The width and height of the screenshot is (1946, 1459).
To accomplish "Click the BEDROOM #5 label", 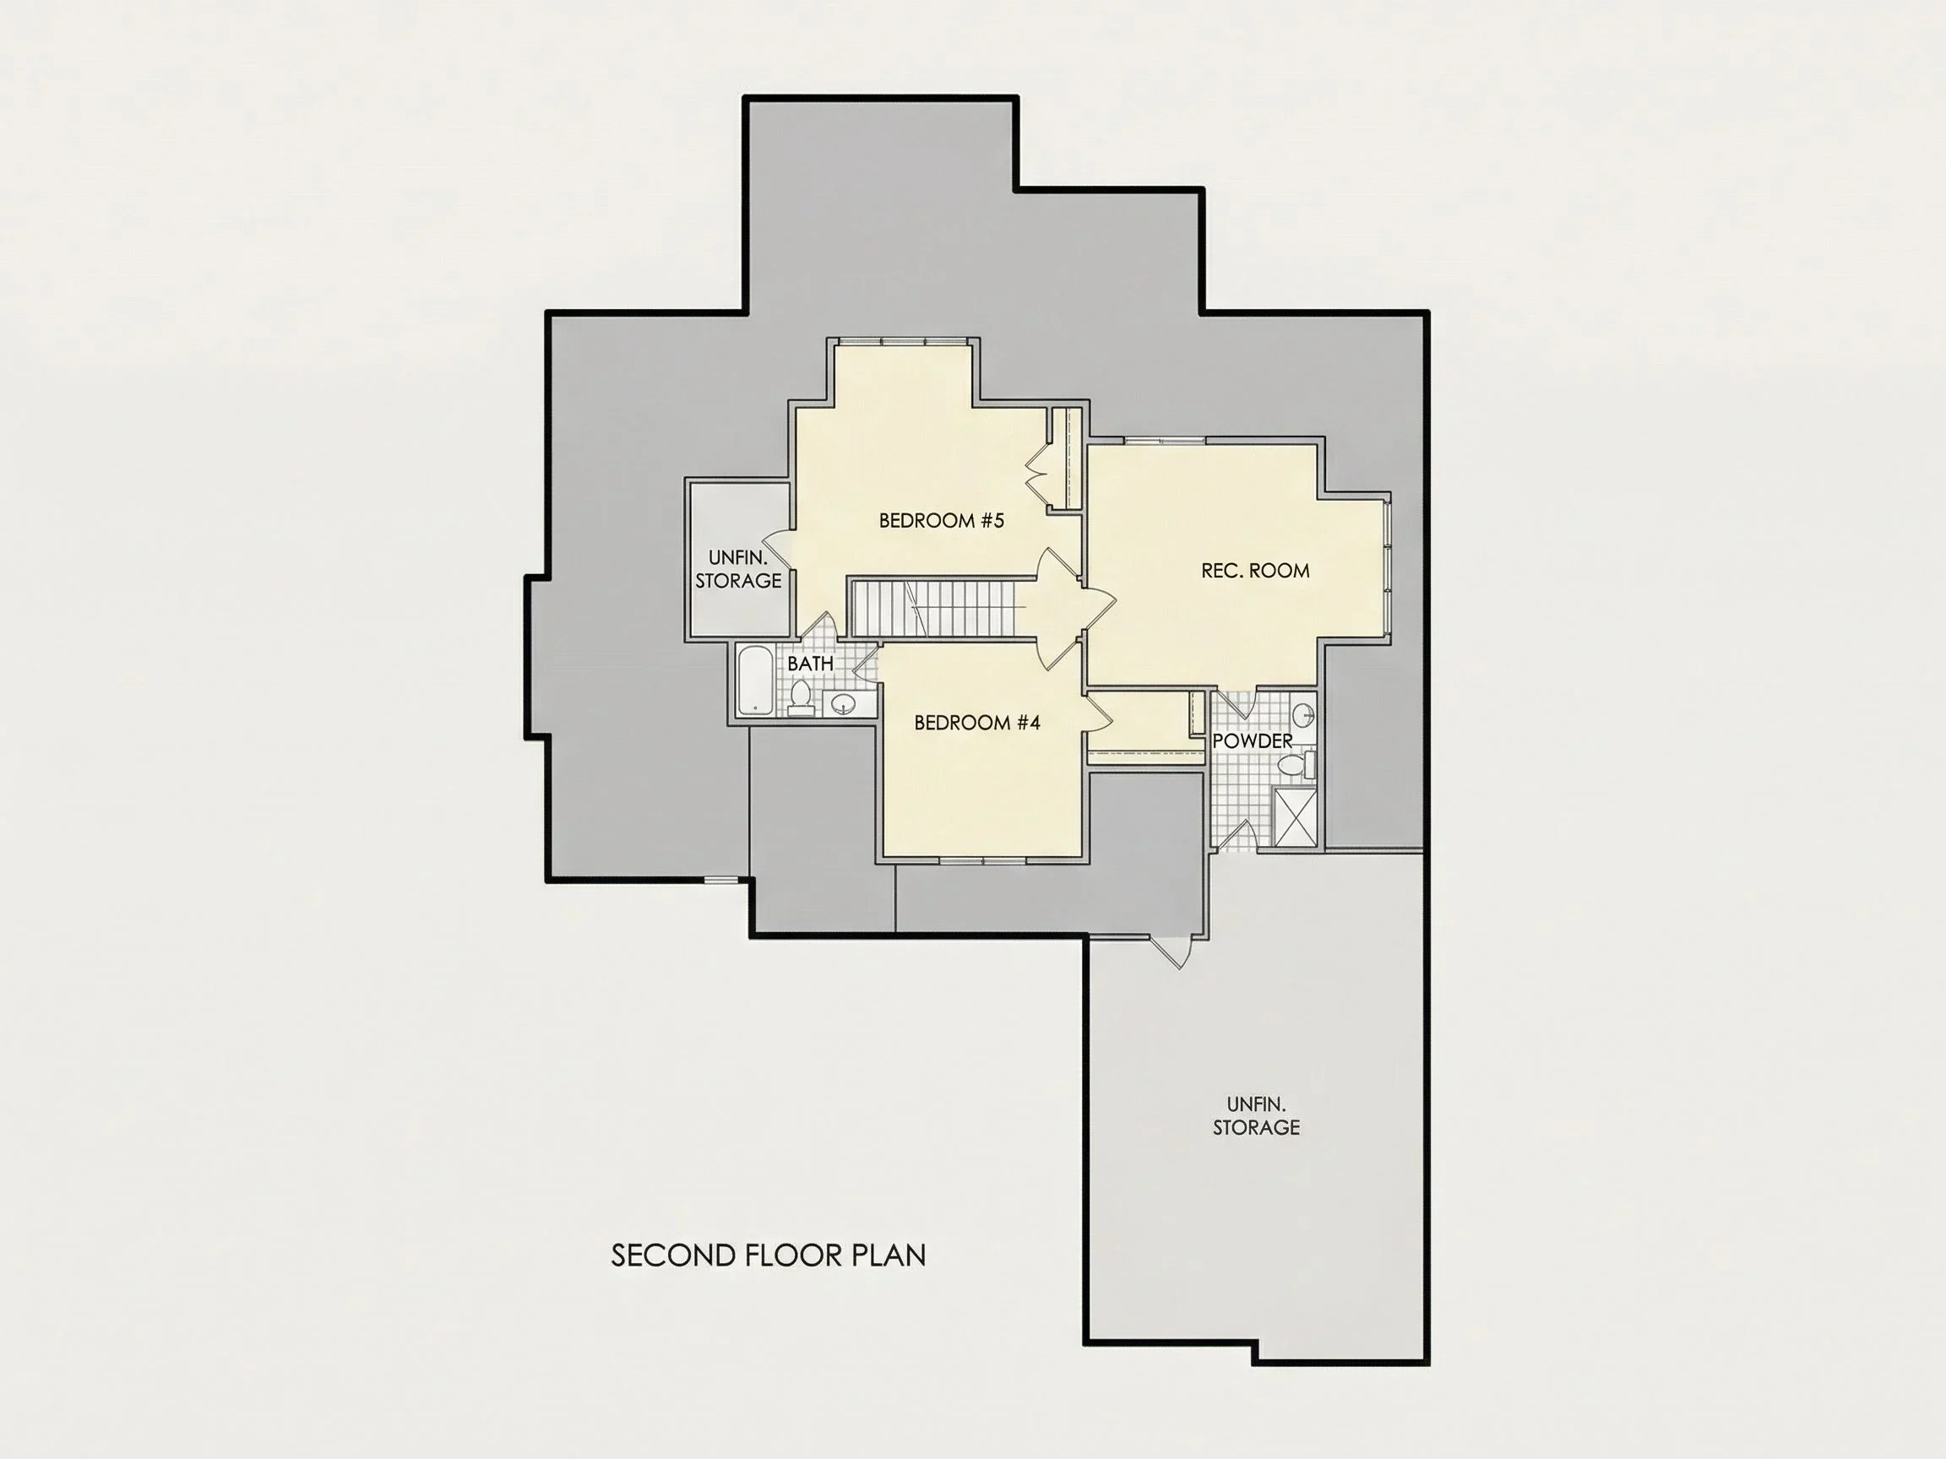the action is tap(942, 521).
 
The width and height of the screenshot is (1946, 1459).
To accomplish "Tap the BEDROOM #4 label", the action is tap(977, 723).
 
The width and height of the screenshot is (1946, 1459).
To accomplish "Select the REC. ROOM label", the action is tap(1255, 571).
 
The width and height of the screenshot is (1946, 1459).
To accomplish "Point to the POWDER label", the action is tap(1253, 741).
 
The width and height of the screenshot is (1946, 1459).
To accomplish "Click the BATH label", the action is tap(810, 664).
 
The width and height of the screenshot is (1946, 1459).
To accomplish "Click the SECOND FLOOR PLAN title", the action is tap(768, 1255).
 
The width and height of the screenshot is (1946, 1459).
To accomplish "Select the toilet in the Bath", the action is tap(801, 698).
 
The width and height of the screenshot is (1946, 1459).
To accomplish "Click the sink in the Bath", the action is tap(845, 703).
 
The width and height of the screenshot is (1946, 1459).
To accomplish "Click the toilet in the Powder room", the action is tap(1296, 765).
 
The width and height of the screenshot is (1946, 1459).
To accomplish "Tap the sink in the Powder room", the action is tap(1303, 713).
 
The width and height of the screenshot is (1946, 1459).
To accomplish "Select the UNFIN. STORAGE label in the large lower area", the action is tap(1256, 1116).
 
